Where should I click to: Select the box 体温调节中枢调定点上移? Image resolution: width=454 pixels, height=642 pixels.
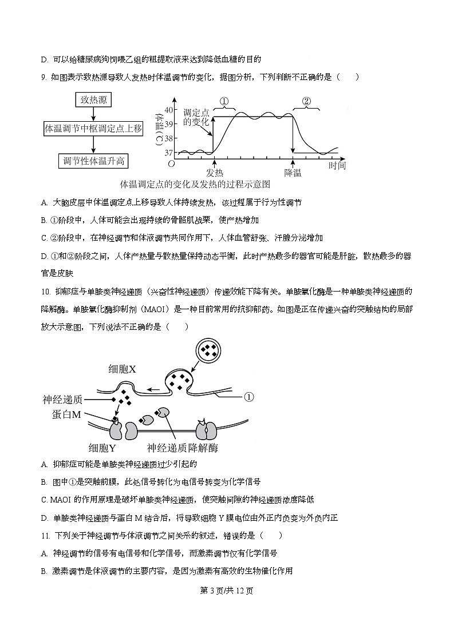click(93, 129)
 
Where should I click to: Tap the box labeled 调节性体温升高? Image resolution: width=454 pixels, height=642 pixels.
click(93, 161)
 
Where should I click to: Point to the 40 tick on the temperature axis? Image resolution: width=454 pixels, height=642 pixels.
click(169, 110)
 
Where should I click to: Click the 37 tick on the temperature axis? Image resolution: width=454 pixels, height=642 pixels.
click(169, 153)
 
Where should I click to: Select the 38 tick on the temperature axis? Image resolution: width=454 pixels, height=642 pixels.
click(169, 138)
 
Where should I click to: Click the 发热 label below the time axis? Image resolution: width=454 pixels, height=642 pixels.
click(215, 173)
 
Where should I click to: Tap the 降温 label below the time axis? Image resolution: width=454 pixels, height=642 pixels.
click(293, 173)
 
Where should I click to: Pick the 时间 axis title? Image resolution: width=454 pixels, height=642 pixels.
click(337, 166)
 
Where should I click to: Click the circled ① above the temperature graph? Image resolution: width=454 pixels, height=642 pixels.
click(224, 101)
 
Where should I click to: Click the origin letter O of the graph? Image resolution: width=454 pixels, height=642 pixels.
click(171, 165)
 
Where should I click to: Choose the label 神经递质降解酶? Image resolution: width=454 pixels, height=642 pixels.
click(183, 448)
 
